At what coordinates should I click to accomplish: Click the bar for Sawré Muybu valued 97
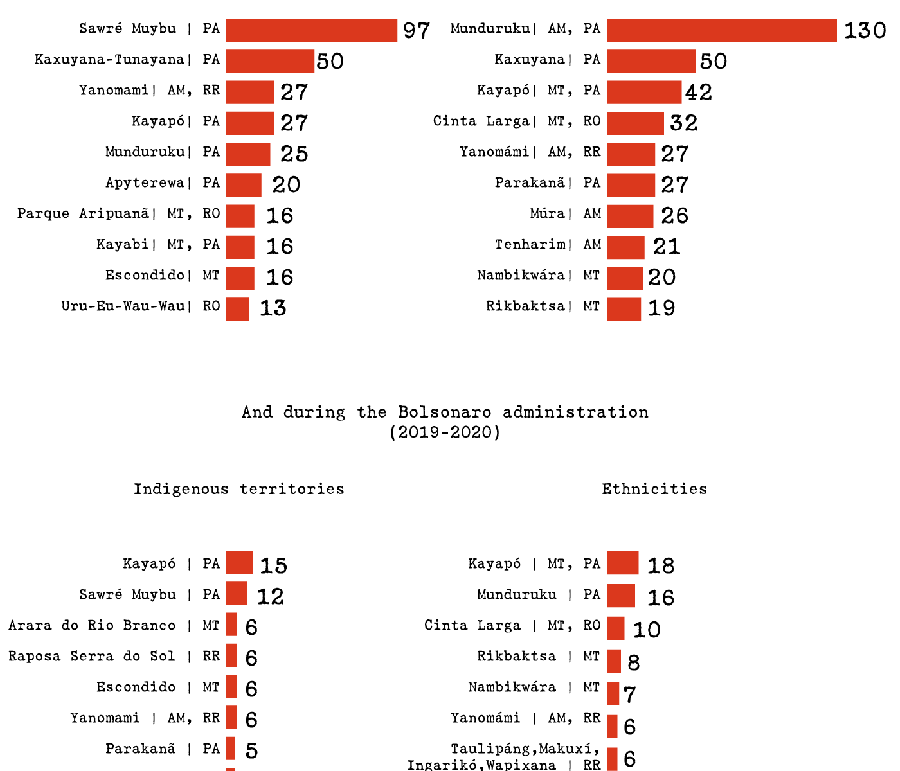[x=311, y=30]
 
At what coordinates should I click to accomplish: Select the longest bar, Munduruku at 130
[x=721, y=30]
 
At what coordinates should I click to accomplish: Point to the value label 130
[x=865, y=30]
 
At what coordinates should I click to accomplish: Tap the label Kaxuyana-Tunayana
[x=109, y=60]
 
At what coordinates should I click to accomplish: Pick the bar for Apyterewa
[x=244, y=185]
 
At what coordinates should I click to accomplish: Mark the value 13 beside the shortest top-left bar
[x=273, y=308]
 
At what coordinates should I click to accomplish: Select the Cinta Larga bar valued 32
[x=635, y=123]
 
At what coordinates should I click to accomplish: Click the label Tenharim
[x=530, y=245]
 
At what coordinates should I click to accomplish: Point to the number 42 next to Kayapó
[x=698, y=93]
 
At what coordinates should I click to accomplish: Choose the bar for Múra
[x=630, y=216]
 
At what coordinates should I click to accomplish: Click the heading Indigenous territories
[x=239, y=489]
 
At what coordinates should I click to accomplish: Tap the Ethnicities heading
[x=654, y=489]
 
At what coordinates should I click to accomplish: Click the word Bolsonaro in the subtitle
[x=445, y=412]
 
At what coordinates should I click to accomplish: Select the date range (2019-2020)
[x=445, y=432]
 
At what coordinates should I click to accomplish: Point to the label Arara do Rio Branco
[x=92, y=626]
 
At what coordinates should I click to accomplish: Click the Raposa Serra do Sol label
[x=91, y=657]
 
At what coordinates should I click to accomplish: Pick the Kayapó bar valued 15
[x=239, y=562]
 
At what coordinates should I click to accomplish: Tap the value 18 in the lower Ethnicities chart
[x=661, y=565]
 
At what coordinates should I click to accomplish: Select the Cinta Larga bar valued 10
[x=615, y=628]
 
